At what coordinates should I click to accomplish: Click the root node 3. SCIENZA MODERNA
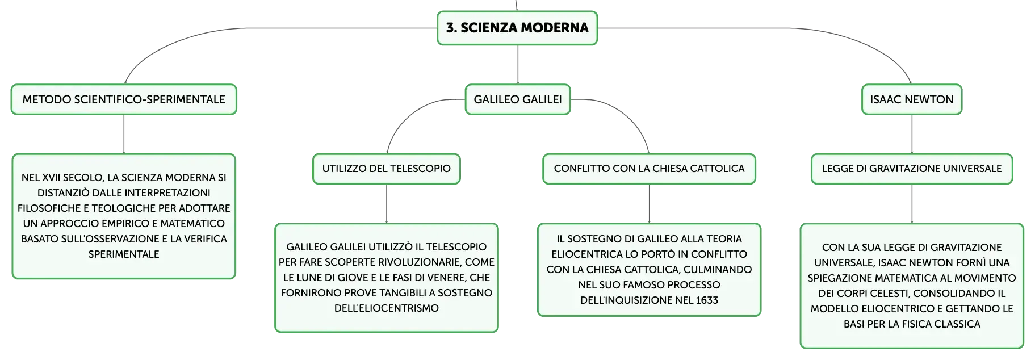(517, 28)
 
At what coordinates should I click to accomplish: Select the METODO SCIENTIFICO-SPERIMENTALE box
(124, 99)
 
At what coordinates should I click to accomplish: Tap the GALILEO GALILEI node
(518, 99)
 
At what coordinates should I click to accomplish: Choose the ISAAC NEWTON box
(912, 99)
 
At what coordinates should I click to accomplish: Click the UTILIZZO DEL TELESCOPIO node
(387, 169)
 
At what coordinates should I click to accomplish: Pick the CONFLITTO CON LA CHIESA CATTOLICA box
(649, 169)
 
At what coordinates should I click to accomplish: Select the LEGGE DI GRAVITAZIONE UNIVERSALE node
(912, 169)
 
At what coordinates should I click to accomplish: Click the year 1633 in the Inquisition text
(707, 300)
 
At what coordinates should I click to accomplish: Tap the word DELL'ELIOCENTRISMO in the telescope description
(387, 308)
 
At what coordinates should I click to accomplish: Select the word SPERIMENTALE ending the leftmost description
(124, 254)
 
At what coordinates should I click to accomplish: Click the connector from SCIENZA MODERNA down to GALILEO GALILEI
(518, 65)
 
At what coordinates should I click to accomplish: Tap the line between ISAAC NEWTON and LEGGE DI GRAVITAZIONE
(912, 134)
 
